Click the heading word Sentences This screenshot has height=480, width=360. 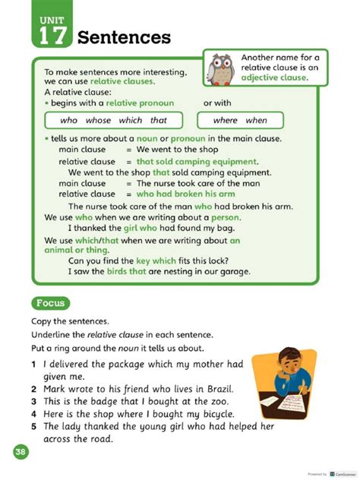(124, 37)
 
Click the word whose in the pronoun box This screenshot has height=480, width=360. (98, 120)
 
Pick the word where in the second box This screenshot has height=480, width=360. (225, 120)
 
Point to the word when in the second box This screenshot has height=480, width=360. (256, 120)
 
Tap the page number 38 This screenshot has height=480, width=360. (19, 453)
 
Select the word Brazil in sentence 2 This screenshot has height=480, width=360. (221, 388)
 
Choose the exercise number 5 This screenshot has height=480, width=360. (34, 426)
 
